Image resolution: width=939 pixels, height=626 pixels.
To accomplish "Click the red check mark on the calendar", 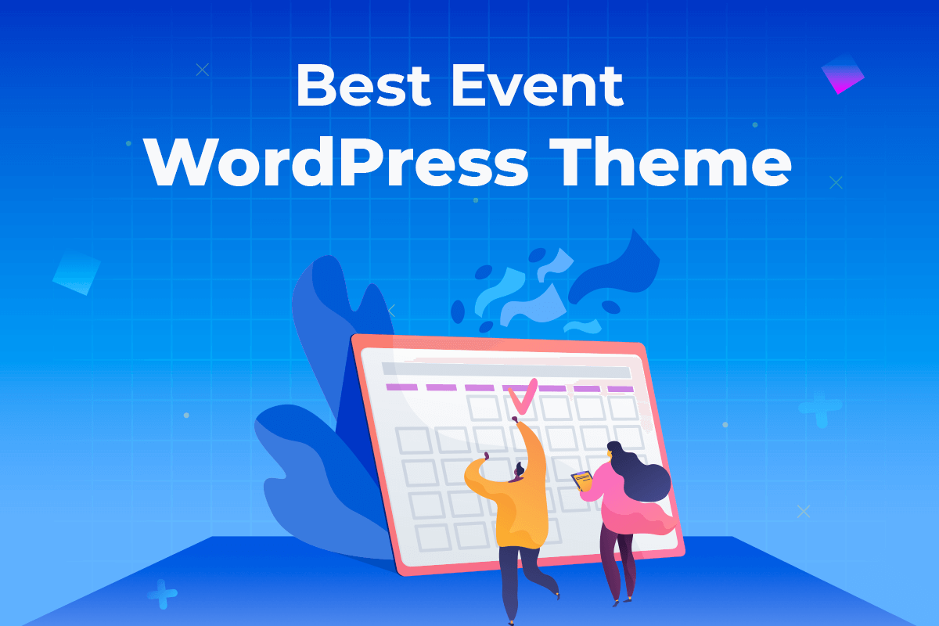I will click(x=523, y=395).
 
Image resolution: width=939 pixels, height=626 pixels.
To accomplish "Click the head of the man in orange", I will click(x=519, y=471).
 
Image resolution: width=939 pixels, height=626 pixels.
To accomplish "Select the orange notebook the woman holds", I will click(x=581, y=479).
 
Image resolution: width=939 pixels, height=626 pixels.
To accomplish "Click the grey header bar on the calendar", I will click(x=505, y=370).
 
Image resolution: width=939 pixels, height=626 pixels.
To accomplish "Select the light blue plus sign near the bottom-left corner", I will click(x=162, y=594).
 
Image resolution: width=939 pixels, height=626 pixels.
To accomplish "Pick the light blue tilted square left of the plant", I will click(x=77, y=272).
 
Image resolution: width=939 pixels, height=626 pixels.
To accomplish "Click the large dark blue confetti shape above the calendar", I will click(x=618, y=266).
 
